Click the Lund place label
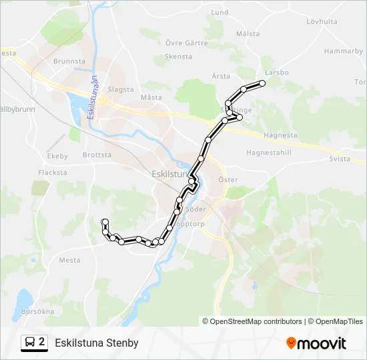pyautogui.click(x=220, y=12)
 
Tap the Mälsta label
pyautogui.click(x=248, y=33)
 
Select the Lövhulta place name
pyautogui.click(x=322, y=21)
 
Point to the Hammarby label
pyautogui.click(x=343, y=51)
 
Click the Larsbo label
pyautogui.click(x=276, y=72)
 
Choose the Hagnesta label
pyautogui.click(x=280, y=135)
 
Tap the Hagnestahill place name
pyautogui.click(x=269, y=152)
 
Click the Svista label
pyautogui.click(x=340, y=159)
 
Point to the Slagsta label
pyautogui.click(x=121, y=89)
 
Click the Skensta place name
pyautogui.click(x=178, y=57)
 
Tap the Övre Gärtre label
pyautogui.click(x=183, y=43)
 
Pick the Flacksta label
pyautogui.click(x=53, y=172)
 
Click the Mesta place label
pyautogui.click(x=69, y=261)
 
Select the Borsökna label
pyautogui.click(x=37, y=311)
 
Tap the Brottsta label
pyautogui.click(x=97, y=155)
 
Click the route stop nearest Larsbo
pyautogui.click(x=262, y=83)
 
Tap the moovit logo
pyautogui.click(x=316, y=343)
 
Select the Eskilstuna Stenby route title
pyautogui.click(x=97, y=343)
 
